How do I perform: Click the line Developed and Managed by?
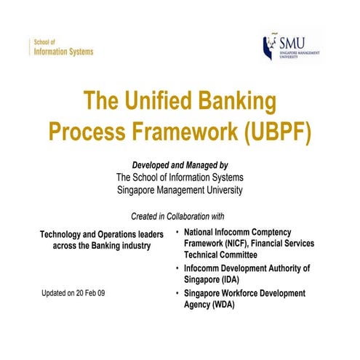180,165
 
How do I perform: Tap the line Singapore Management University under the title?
180,191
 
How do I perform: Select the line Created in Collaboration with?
177,217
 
